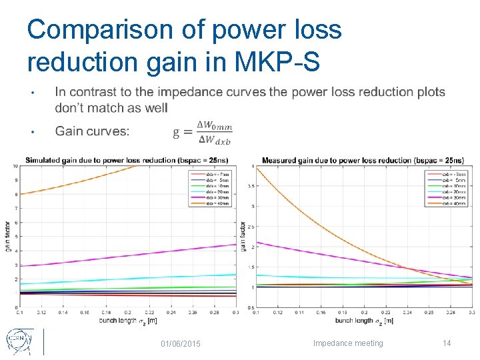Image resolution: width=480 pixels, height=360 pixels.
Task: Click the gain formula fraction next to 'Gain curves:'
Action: pos(203,131)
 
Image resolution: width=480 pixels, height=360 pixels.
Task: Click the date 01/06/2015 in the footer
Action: pos(181,343)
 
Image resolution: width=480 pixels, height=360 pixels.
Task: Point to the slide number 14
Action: pos(447,343)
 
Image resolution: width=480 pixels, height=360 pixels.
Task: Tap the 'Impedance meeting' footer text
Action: pos(348,343)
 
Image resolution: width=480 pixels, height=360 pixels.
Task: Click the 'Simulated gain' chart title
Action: pos(127,160)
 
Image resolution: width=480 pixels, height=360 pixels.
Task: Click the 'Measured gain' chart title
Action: pos(363,160)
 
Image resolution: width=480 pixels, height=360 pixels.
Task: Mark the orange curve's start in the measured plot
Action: pos(257,167)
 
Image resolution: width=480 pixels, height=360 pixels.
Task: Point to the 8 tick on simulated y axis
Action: pos(15,194)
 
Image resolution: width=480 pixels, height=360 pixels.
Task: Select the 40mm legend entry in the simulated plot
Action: pos(215,203)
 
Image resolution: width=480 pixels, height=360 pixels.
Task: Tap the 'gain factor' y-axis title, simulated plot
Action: pos(7,237)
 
